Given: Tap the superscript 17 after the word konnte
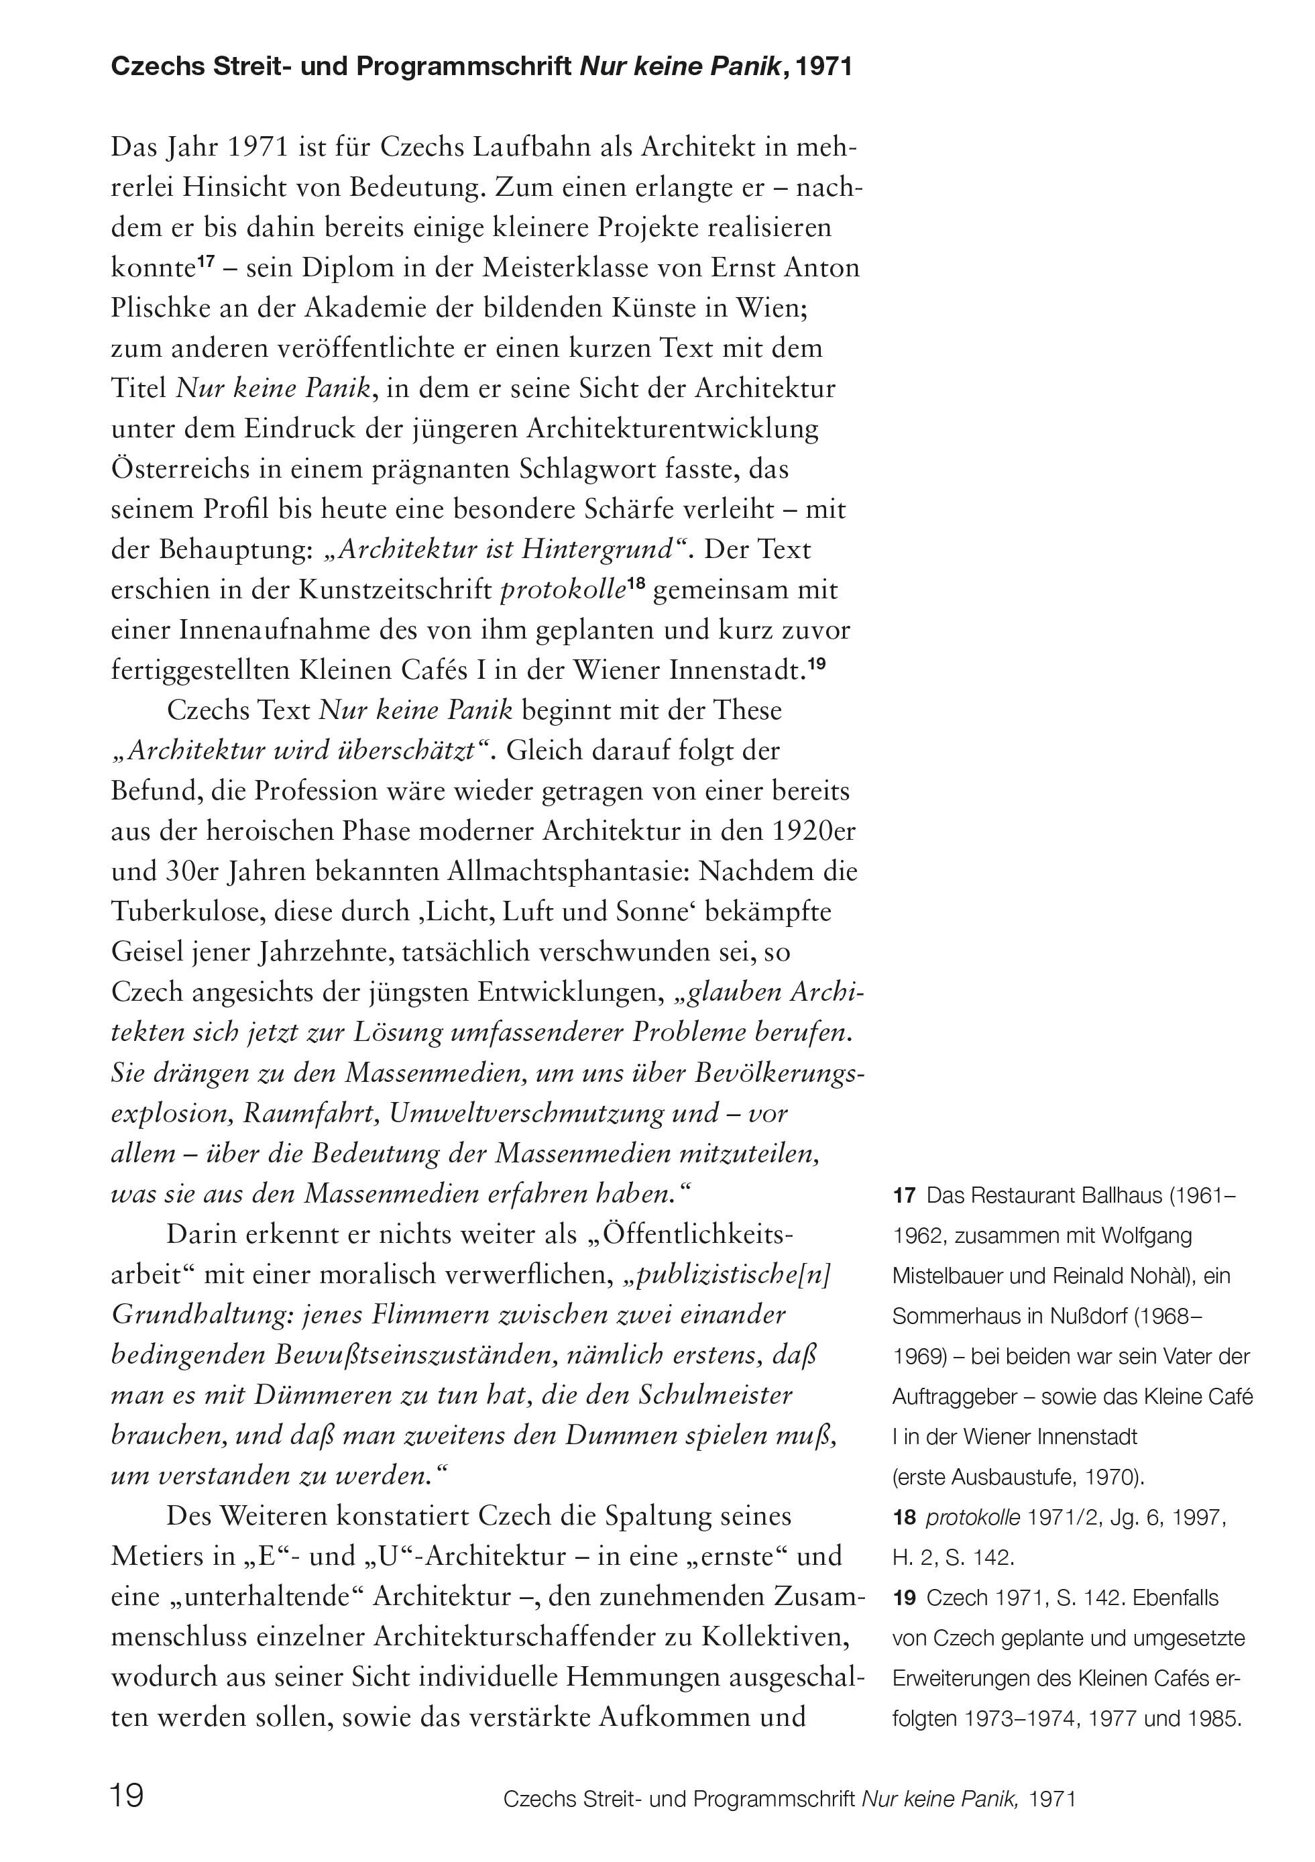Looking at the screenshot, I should (206, 261).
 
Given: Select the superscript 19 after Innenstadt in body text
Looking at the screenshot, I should (815, 663).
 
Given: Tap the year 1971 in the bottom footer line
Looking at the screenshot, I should (1051, 1800).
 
